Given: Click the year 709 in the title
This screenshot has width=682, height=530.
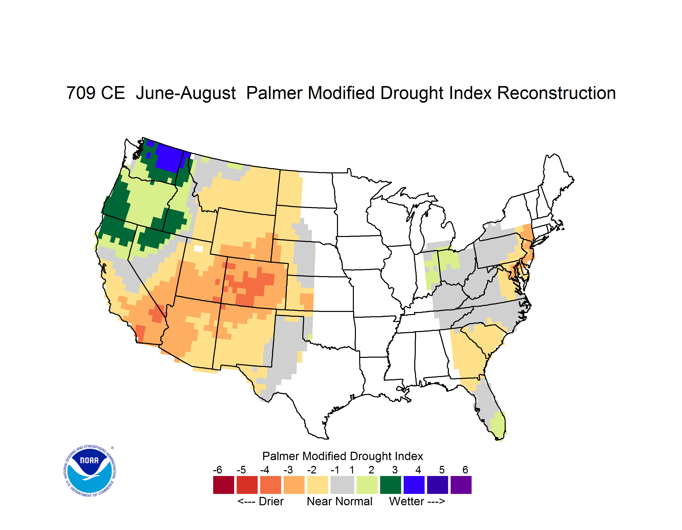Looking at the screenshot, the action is click(x=81, y=93).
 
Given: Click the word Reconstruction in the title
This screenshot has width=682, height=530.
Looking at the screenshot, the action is click(x=556, y=93).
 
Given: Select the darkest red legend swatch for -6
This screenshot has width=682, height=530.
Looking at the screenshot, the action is click(x=224, y=485).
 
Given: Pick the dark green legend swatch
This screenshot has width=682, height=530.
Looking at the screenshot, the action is click(x=390, y=485).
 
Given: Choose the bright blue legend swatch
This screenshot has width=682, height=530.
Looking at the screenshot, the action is click(x=414, y=485).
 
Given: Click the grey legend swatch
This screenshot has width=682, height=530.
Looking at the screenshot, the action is click(x=342, y=485).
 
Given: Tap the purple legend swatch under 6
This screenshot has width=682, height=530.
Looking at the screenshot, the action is click(x=461, y=485).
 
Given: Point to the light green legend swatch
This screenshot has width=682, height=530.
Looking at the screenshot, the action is click(x=367, y=485).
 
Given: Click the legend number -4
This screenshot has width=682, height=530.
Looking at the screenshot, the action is click(x=264, y=469).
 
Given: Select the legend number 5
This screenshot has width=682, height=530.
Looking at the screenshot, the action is click(x=442, y=469).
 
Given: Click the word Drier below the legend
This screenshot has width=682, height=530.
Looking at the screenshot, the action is click(x=271, y=501).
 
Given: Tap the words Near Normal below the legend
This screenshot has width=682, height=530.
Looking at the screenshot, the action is click(x=339, y=501).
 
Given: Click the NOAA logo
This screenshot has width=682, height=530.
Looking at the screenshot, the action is click(x=90, y=471).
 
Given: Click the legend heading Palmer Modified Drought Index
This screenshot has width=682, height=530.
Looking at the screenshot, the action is click(x=343, y=456).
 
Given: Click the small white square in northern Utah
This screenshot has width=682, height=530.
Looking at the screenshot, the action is click(x=198, y=249).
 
